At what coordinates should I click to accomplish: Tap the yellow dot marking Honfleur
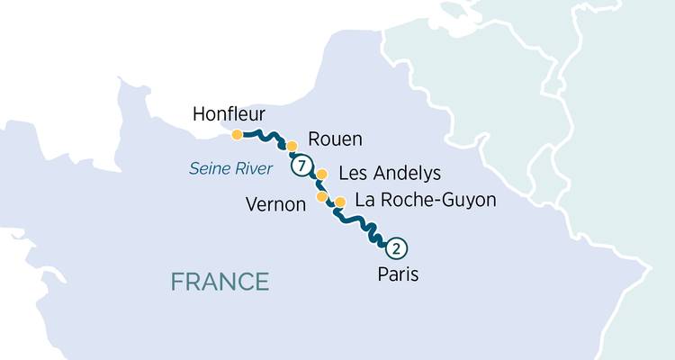coord(237,135)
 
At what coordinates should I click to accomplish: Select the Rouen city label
coord(335,139)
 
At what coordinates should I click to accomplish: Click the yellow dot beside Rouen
coord(292,145)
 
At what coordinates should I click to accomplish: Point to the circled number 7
coord(301,166)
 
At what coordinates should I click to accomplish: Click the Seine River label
coord(230,167)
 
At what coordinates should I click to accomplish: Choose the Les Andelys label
coord(389,172)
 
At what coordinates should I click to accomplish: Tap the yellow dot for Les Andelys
coord(321,175)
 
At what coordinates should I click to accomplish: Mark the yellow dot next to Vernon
coord(321,196)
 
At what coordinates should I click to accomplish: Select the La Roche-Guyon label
coord(426,200)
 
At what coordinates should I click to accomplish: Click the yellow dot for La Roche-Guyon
coord(340,202)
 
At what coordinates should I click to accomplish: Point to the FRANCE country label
coord(220,281)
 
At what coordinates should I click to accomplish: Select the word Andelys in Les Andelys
coord(405,172)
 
